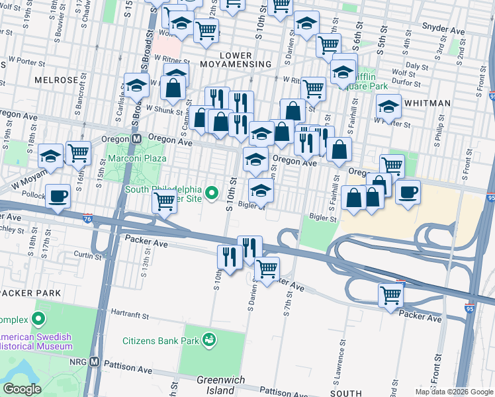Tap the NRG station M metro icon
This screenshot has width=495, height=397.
(x=95, y=362)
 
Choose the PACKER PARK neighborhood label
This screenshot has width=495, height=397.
(x=30, y=292)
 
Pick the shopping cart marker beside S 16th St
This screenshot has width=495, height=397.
(x=79, y=153)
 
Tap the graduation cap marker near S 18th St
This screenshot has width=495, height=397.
(x=50, y=156)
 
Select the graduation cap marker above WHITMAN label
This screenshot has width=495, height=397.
(x=388, y=106)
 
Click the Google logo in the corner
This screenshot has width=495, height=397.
(x=22, y=388)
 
